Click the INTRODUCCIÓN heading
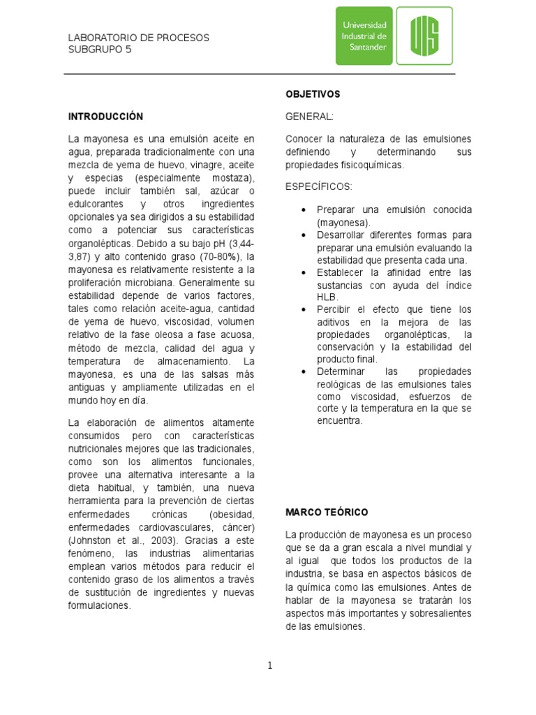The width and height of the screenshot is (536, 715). (x=105, y=117)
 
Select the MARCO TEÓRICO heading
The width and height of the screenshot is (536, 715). (x=327, y=512)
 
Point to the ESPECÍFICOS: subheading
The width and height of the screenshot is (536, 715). (x=319, y=187)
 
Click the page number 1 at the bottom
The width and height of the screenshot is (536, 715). (x=269, y=665)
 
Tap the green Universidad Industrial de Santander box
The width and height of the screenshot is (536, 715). (x=364, y=36)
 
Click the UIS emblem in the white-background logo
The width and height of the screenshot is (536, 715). (x=424, y=36)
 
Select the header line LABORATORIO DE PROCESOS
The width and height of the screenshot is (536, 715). (x=138, y=38)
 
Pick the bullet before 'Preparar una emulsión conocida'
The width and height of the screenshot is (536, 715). (x=303, y=209)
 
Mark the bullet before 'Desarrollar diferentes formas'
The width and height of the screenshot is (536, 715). (x=303, y=235)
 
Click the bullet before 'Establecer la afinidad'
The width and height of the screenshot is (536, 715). (x=303, y=272)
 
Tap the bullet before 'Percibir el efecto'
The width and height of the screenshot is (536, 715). (x=303, y=309)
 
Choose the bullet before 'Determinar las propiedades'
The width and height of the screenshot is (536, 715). (x=303, y=371)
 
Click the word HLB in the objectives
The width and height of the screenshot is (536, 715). (x=327, y=297)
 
